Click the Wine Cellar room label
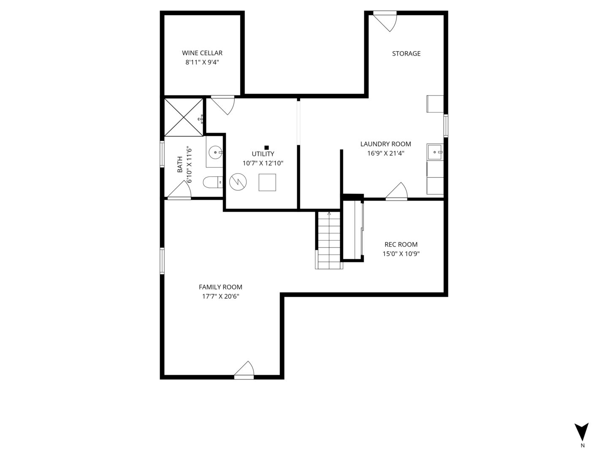click(202, 53)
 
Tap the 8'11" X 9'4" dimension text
click(202, 62)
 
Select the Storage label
click(406, 54)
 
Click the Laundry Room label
click(385, 144)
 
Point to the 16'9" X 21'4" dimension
click(385, 153)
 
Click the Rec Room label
click(401, 244)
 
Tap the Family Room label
click(220, 287)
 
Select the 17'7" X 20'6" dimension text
click(220, 296)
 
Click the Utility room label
click(263, 154)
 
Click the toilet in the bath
click(212, 182)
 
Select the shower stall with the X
click(184, 117)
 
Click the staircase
click(329, 240)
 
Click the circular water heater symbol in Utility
click(237, 182)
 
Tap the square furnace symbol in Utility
click(267, 182)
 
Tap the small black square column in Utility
click(266, 147)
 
